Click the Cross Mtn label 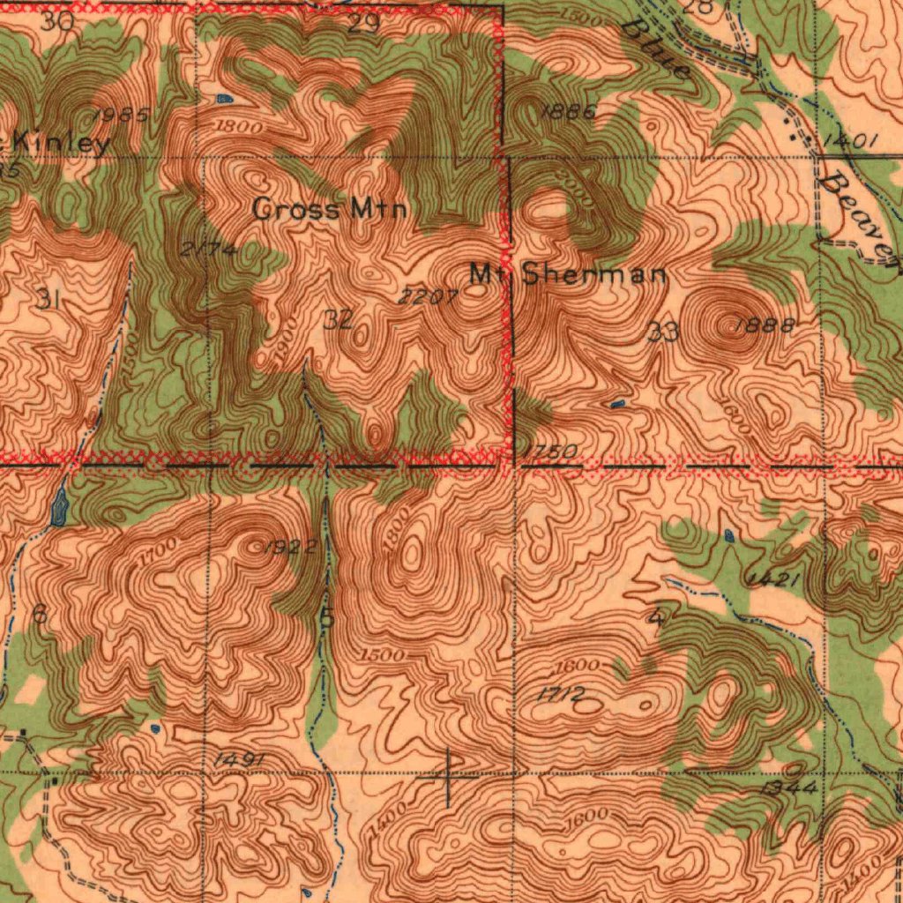pos(330,209)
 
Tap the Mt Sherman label pos(568,273)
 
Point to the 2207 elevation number pos(427,298)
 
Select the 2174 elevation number pos(208,250)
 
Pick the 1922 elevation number pos(291,548)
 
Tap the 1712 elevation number pos(561,696)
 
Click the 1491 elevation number pos(238,760)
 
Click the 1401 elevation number pos(851,140)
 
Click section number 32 pos(338,319)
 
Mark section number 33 pos(662,332)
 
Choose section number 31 pos(48,300)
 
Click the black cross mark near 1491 pos(448,778)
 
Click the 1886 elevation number pos(569,112)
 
